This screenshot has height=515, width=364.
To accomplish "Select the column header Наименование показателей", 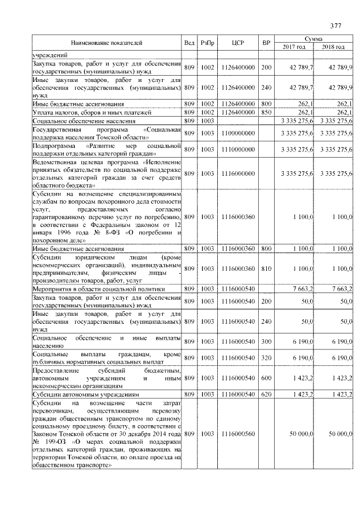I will [106, 43].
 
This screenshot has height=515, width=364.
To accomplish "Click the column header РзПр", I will [207, 43].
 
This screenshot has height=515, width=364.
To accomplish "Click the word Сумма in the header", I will [313, 38].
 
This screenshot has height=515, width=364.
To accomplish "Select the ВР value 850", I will [266, 113].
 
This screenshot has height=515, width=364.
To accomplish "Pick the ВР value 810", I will [266, 268].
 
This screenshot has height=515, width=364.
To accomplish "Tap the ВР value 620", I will [266, 394].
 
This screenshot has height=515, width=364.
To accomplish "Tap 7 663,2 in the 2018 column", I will [341, 290].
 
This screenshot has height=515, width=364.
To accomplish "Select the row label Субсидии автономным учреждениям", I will [77, 394].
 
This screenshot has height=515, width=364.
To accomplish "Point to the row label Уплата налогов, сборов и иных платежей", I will [86, 113].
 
